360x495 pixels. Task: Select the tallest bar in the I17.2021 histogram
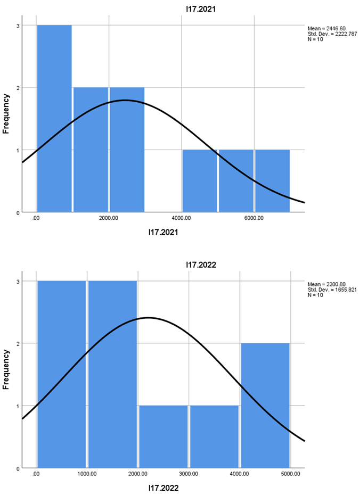coord(54,118)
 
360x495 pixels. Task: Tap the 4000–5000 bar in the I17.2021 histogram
coord(199,180)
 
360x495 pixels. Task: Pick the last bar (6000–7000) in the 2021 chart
coord(272,180)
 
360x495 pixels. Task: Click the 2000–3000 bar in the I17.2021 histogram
coord(127,150)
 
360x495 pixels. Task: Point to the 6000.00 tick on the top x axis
coord(253,218)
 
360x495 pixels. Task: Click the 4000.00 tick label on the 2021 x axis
coord(181,218)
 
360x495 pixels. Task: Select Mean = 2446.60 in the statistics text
coord(326,28)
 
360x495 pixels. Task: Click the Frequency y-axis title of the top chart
coord(7,113)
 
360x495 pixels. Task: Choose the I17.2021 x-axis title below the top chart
coord(163,232)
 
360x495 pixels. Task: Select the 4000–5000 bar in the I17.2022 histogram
coord(265,405)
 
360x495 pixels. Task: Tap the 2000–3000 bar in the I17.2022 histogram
coord(163,436)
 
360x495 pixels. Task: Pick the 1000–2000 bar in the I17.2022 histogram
coord(112,374)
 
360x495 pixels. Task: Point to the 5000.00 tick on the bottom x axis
coord(290,474)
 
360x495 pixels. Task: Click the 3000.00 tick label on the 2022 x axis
coord(188,474)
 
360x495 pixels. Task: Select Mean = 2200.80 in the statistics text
coord(326,284)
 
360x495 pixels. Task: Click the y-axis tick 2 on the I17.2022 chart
coord(18,344)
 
